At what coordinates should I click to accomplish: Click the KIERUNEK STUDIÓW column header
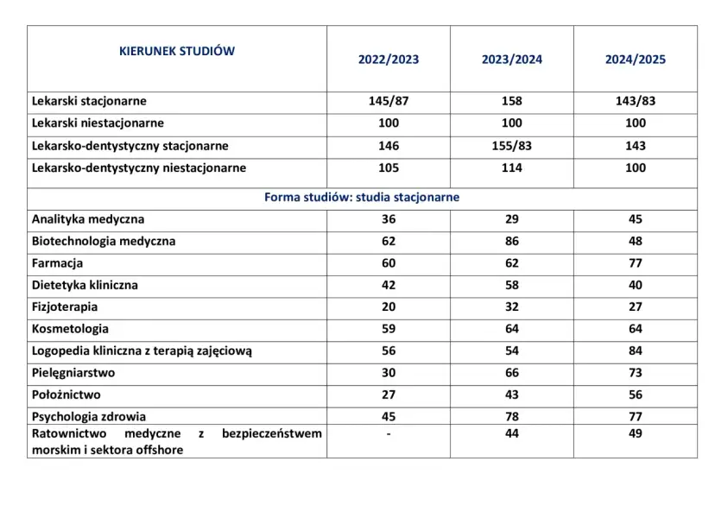(176, 51)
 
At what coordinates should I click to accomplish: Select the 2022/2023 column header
(389, 60)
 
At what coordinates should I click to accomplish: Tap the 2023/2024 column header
(512, 60)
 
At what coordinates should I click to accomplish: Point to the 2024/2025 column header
(636, 60)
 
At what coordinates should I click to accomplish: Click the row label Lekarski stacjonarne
(89, 101)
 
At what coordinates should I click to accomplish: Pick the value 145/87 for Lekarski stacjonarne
(389, 101)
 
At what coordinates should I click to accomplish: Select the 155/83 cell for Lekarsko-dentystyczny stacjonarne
(512, 146)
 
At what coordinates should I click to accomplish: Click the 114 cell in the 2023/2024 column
(512, 168)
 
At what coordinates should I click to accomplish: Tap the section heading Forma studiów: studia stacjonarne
(362, 197)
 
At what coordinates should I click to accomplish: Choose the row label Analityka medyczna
(88, 219)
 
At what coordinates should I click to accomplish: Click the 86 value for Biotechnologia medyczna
(512, 242)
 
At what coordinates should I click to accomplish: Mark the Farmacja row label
(57, 263)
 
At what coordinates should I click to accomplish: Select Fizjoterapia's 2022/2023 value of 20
(389, 307)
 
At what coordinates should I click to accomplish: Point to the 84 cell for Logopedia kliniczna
(636, 351)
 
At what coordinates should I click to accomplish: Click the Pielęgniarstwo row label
(73, 373)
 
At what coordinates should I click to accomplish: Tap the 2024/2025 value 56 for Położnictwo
(636, 395)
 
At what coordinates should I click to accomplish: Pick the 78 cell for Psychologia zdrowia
(512, 417)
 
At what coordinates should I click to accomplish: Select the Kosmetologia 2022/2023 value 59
(389, 329)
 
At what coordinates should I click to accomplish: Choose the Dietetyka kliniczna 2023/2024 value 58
(512, 285)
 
